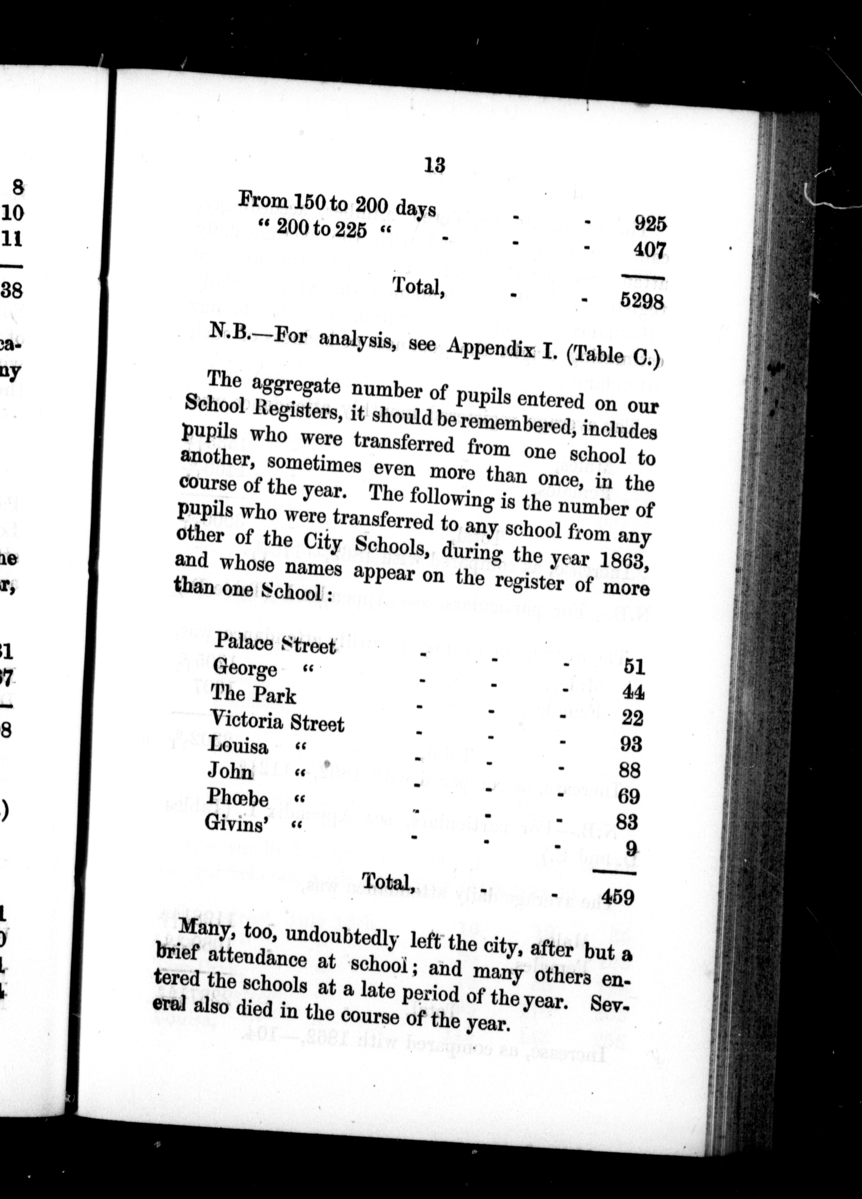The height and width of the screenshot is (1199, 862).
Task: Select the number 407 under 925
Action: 650,249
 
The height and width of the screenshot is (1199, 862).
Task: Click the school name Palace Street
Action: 275,644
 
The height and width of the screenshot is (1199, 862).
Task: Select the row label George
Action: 245,669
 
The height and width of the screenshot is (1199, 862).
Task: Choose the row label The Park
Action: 253,695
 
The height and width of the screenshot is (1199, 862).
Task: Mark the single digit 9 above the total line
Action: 630,849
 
